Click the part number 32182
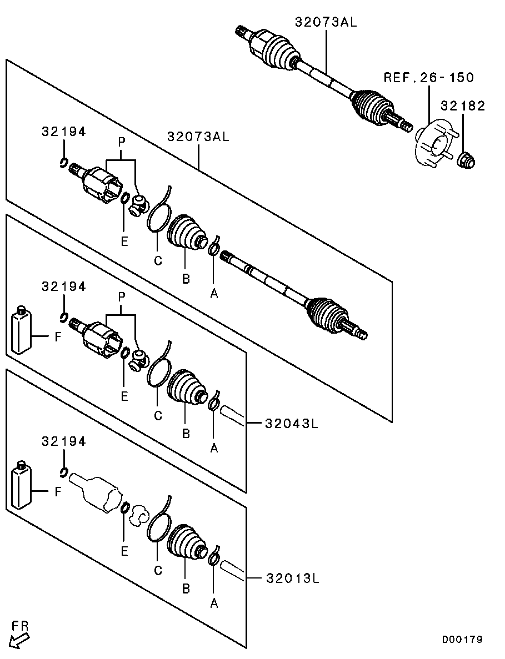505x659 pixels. pos(463,105)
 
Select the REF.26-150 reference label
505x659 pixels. pos(428,77)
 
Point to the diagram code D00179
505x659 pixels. pos(462,640)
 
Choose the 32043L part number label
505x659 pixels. pos(292,423)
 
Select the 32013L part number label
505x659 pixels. pos(293,578)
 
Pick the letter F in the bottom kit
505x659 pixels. pos(58,491)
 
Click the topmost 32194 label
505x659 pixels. pos(63,132)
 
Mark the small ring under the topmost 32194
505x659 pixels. pos(63,162)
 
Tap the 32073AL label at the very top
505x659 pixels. pos(326,22)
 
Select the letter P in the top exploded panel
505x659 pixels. pos(122,143)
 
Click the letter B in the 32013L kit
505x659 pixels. pos(186,589)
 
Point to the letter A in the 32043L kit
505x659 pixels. pos(214,449)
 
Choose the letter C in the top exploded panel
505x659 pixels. pos(158,261)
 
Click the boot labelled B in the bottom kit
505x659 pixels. pos(188,543)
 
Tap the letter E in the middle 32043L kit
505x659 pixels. pos(124,396)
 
